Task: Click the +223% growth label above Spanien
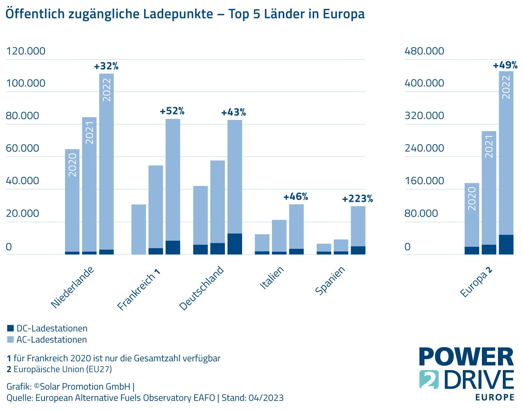coord(358,199)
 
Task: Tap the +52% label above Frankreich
coord(172,111)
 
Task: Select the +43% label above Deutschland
coord(233,112)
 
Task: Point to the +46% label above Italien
coord(295,197)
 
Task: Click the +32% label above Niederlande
coord(106,67)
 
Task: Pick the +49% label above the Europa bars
coord(505,65)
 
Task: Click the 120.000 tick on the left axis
coord(26,51)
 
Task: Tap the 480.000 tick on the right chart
coord(424,51)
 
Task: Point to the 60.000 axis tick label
coord(22,148)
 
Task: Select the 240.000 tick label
coord(424,148)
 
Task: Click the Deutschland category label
coord(201,288)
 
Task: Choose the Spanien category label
coord(330,281)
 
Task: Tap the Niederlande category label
coord(72,288)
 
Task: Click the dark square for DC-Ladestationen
coord(10,328)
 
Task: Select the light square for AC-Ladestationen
coord(10,340)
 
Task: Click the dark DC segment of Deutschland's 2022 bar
coord(235,244)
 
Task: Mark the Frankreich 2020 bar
coord(139,229)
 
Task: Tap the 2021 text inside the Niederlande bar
coord(90,133)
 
